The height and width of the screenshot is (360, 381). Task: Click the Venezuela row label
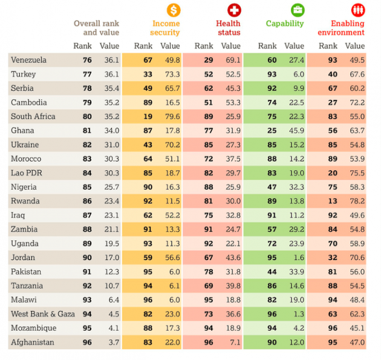28,60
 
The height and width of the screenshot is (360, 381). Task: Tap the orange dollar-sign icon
174,10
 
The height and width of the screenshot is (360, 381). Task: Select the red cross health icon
233,10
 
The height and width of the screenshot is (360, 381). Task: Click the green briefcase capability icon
298,10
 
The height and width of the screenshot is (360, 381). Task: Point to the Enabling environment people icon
358,10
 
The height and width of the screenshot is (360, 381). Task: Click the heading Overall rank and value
96,28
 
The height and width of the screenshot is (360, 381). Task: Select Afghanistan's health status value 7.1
233,342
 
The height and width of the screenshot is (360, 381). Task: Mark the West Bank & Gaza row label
42,314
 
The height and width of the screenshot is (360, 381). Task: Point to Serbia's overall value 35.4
109,88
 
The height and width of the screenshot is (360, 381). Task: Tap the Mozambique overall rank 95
87,328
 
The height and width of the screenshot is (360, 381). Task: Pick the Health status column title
228,28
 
